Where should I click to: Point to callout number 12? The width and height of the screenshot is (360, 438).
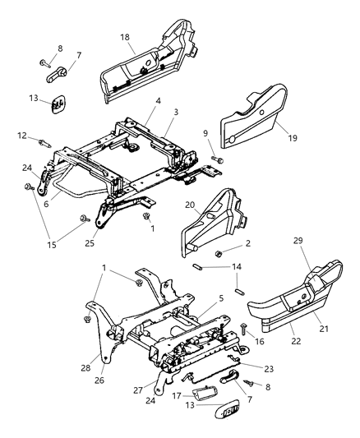21,136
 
